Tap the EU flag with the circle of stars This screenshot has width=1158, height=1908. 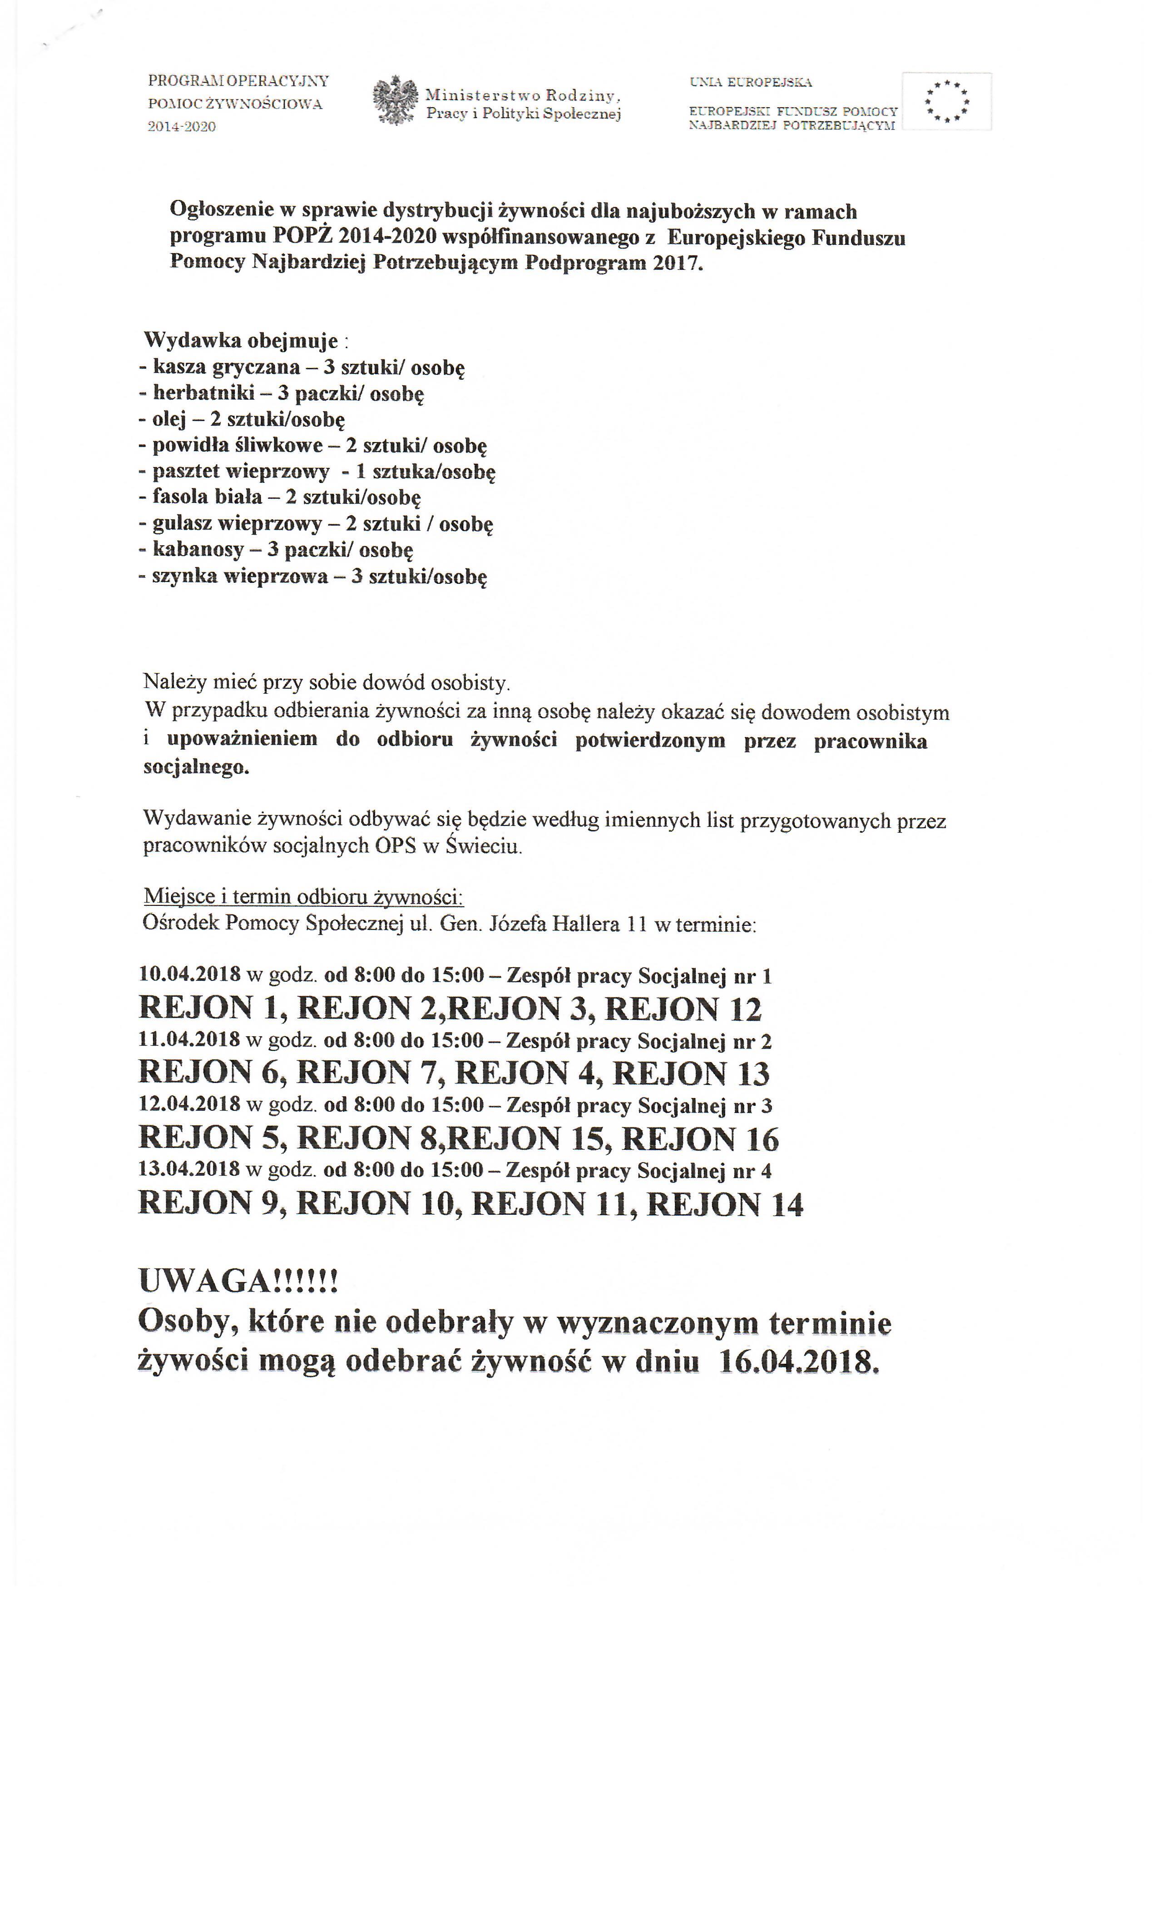tap(947, 101)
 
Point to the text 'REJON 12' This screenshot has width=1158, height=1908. tap(683, 1008)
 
